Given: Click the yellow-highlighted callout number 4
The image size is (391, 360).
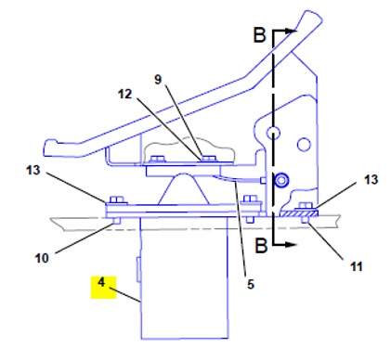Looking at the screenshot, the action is [101, 282].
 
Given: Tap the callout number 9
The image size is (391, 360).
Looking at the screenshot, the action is [158, 80].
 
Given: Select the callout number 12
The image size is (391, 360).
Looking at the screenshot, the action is [124, 94].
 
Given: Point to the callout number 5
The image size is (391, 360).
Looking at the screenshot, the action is [251, 284].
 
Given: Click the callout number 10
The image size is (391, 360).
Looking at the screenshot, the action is [42, 258].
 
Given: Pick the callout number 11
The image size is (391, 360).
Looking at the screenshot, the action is [356, 266].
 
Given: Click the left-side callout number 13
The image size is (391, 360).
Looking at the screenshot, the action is [33, 170].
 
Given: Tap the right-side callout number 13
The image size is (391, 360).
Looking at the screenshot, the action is [371, 179].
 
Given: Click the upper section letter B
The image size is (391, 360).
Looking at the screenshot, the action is [259, 34].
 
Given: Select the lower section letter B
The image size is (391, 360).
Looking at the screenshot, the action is [261, 246].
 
